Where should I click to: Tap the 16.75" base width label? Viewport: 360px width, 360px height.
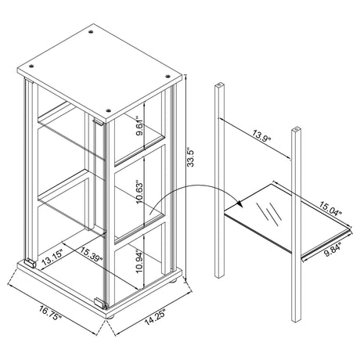click(x=51, y=313)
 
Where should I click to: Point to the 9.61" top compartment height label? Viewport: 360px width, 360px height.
click(x=140, y=126)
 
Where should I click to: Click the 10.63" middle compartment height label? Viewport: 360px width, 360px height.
click(x=140, y=192)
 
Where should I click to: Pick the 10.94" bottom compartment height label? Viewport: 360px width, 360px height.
click(x=139, y=261)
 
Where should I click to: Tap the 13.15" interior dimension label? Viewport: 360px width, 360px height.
click(x=52, y=257)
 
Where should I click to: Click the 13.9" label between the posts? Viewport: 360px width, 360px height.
click(x=261, y=135)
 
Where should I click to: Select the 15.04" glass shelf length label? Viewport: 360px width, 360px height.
click(x=329, y=208)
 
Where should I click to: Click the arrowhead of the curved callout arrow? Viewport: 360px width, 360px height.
click(x=240, y=203)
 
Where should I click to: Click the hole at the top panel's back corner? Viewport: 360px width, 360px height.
click(x=91, y=32)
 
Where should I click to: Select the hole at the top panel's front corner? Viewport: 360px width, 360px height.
click(x=109, y=110)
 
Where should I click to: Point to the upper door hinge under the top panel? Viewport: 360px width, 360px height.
click(x=99, y=121)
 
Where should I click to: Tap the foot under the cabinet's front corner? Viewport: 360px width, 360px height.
click(x=110, y=317)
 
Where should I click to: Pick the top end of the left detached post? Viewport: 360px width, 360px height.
click(x=219, y=85)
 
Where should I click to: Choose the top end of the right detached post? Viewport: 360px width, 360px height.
click(x=296, y=129)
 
